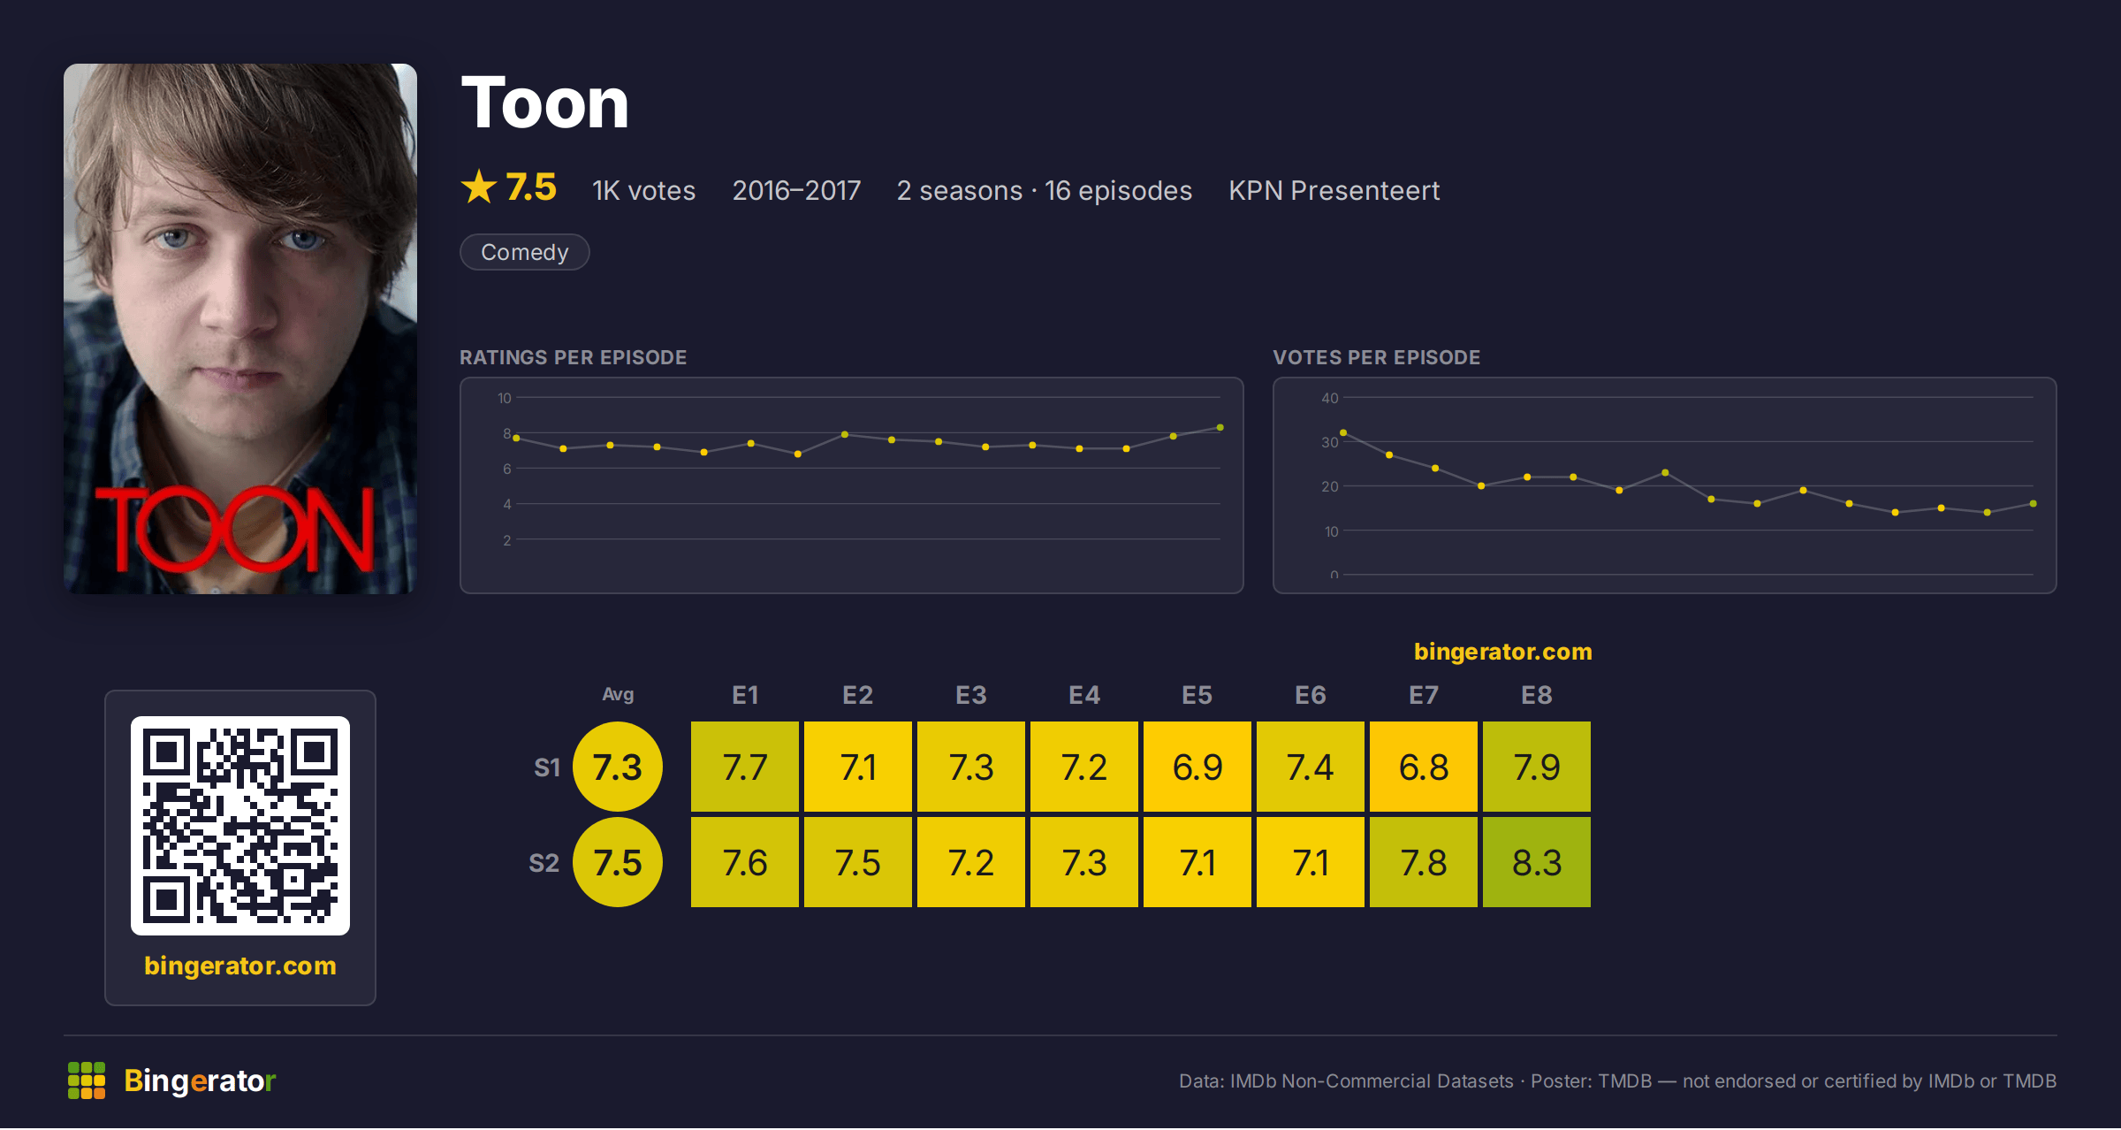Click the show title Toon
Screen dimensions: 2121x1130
pos(544,103)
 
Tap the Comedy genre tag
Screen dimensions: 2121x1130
pos(525,252)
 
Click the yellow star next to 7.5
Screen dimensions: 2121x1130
pos(479,187)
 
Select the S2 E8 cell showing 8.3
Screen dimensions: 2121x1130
pos(1537,862)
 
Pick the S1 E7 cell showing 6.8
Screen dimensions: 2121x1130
pos(1424,767)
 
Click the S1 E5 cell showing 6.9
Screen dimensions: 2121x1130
pos(1197,767)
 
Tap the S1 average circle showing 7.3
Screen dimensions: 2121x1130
pos(618,767)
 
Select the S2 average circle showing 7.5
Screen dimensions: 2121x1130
pos(618,862)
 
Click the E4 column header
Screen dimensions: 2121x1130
pos(1084,695)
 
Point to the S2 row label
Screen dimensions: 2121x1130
pos(544,863)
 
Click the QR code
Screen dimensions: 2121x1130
pos(240,826)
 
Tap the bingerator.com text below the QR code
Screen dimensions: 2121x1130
pos(240,966)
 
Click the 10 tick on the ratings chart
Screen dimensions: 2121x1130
pos(505,398)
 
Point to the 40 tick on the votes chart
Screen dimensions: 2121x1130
pos(1330,398)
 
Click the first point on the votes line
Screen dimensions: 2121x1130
pos(1343,432)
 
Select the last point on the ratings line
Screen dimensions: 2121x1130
pos(1220,427)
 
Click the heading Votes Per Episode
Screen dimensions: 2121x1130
pos(1377,357)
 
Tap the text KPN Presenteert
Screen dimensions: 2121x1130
pos(1334,191)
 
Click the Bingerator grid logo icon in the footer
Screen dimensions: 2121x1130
pos(87,1080)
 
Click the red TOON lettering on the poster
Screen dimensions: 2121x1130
pos(235,529)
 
